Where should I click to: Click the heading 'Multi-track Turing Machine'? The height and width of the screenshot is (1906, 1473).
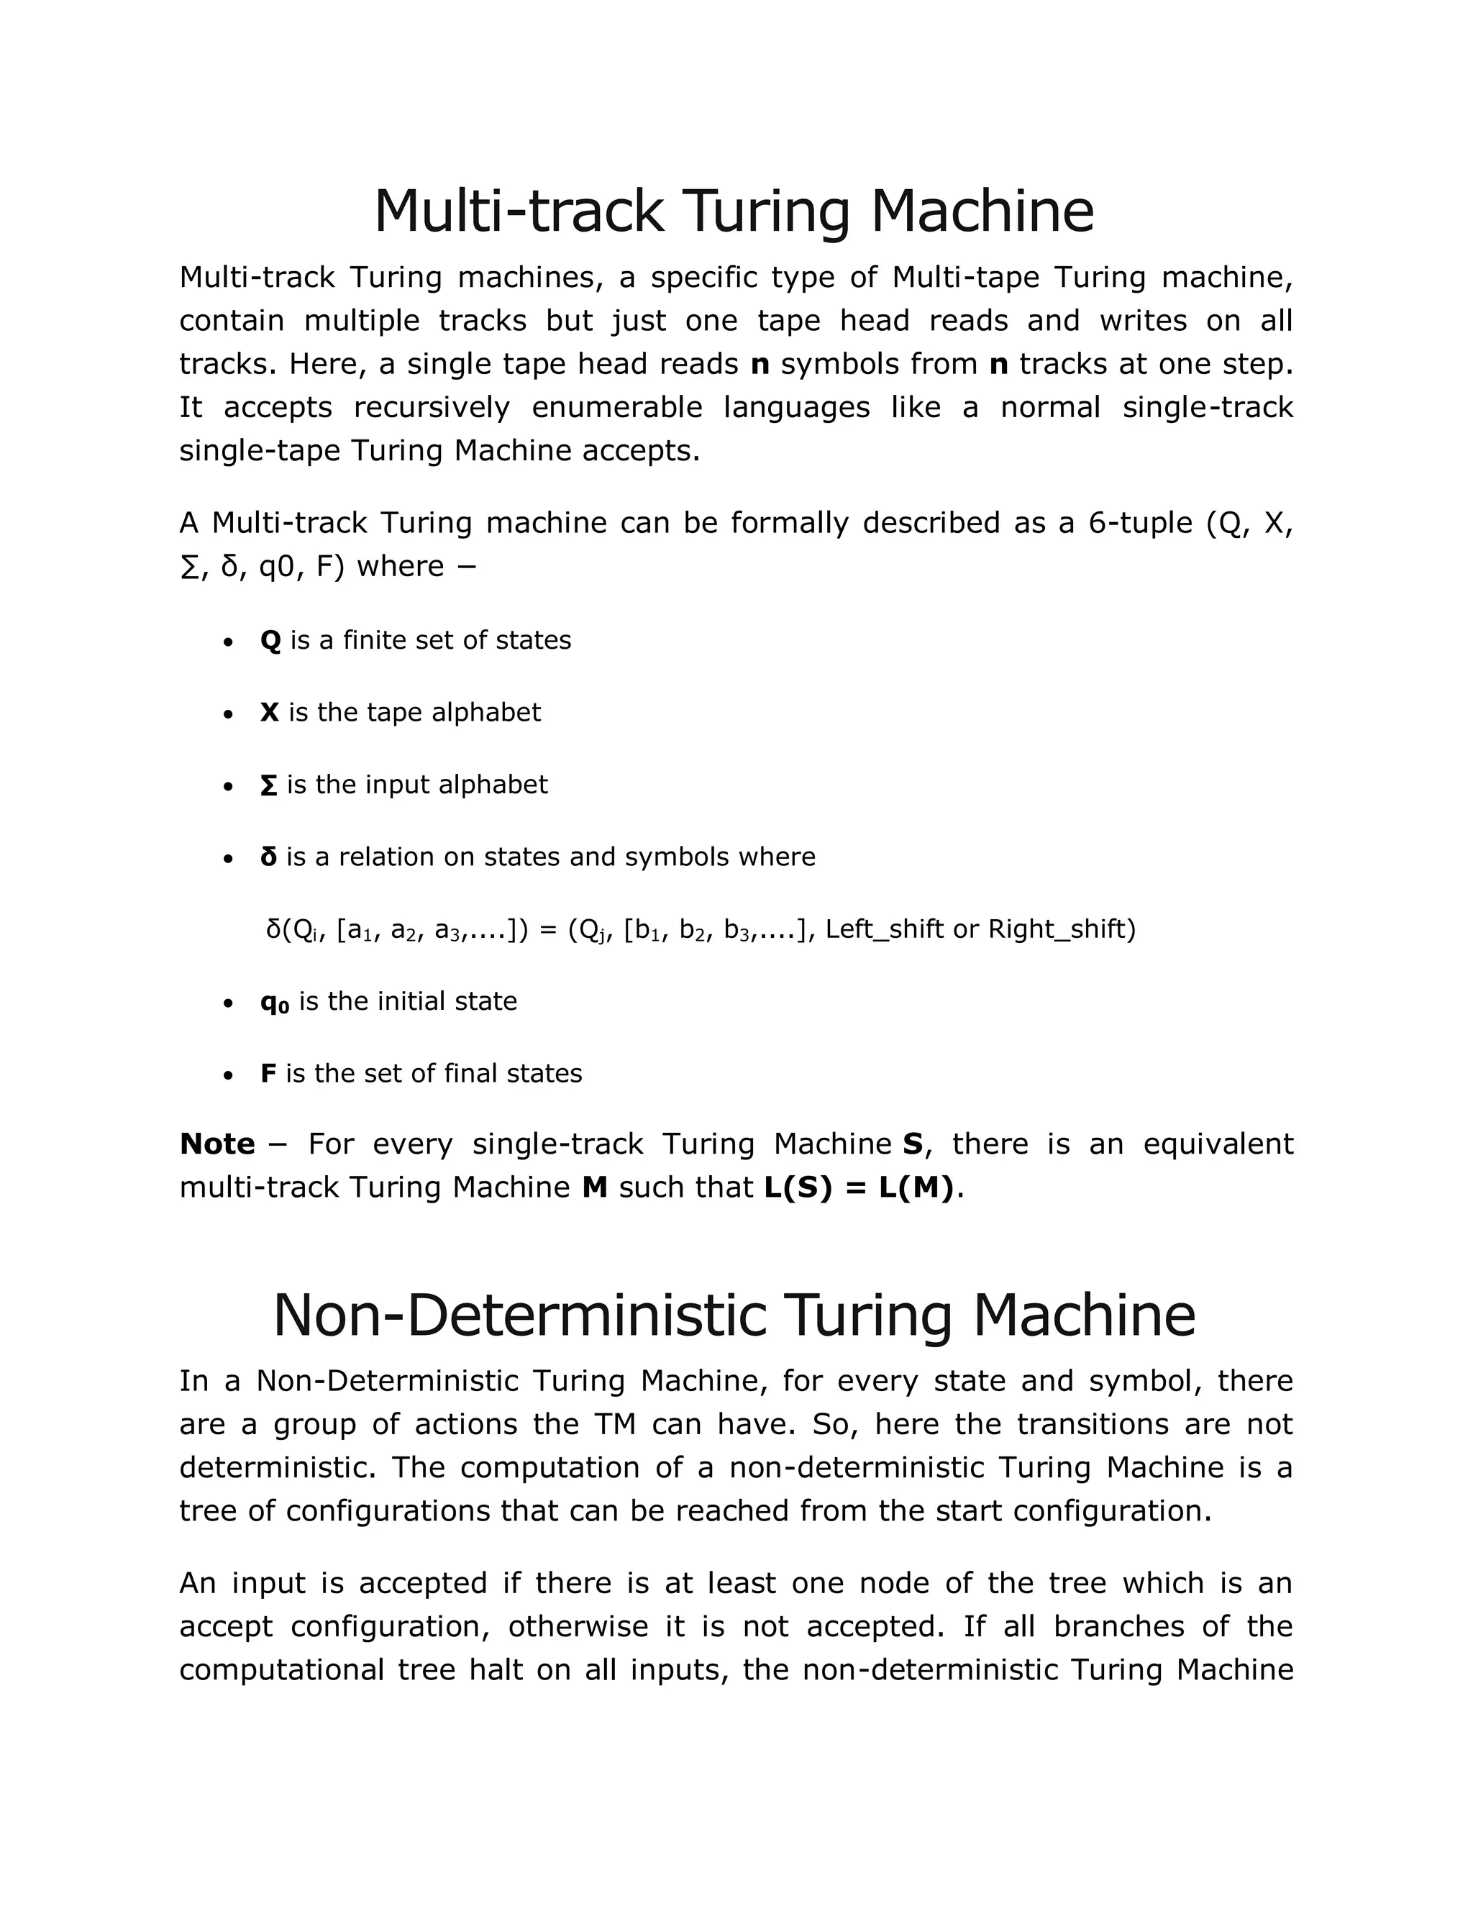[x=733, y=211]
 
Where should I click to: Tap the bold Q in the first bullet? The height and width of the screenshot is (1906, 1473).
[x=270, y=641]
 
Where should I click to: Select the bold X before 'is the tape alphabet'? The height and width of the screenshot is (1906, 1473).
[x=270, y=712]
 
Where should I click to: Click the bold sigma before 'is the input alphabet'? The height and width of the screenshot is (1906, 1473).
[x=269, y=785]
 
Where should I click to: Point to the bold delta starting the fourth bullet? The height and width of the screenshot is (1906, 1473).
[x=269, y=857]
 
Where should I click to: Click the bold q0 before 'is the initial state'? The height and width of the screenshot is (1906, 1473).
[x=274, y=1002]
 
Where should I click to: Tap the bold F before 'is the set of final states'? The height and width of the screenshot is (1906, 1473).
[x=268, y=1073]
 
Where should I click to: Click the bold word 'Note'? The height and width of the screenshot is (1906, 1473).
[x=216, y=1144]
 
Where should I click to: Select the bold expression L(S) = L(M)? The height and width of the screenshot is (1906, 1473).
[x=859, y=1187]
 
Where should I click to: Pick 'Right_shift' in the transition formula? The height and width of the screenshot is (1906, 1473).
[x=1061, y=929]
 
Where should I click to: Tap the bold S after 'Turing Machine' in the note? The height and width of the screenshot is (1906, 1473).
[x=913, y=1144]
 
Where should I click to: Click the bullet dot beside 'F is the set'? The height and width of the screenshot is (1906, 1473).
[x=228, y=1075]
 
